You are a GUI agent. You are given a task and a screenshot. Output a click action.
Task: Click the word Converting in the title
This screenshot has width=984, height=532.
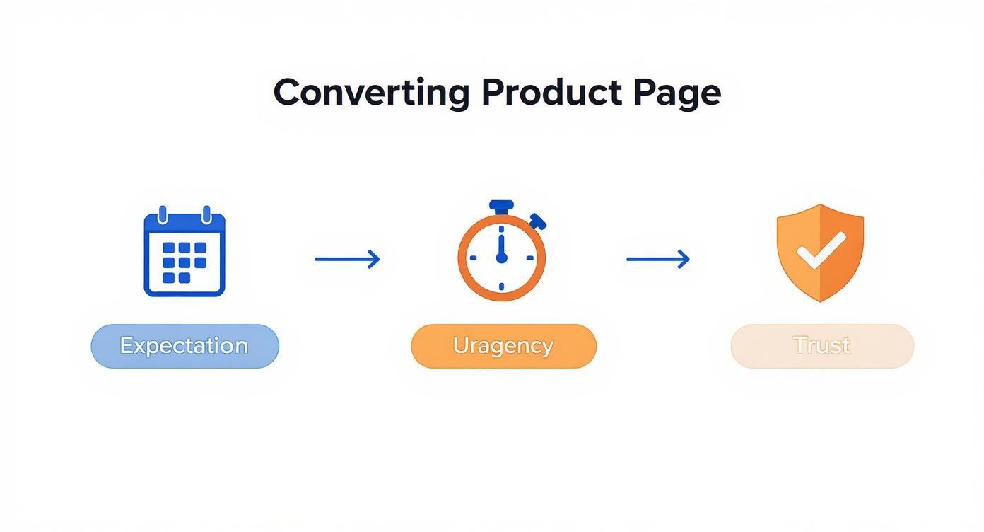[371, 93]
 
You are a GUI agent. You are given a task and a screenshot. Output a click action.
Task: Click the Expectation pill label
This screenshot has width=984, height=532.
[184, 346]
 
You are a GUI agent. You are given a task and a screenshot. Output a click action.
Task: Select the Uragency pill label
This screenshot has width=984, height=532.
[503, 346]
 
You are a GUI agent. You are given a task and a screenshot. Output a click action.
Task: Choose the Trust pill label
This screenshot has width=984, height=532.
[821, 346]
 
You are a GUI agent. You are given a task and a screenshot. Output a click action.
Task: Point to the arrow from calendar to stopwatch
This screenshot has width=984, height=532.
[347, 259]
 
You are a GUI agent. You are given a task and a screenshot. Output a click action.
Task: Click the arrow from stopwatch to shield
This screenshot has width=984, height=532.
[658, 259]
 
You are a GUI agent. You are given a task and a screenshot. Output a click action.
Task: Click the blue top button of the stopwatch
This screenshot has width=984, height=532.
[501, 207]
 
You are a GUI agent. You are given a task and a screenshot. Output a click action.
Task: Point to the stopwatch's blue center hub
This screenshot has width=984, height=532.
[502, 258]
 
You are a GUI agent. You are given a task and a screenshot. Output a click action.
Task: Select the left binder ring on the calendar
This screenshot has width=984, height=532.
[163, 214]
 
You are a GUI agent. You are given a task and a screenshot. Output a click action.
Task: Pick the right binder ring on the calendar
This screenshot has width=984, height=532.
[206, 214]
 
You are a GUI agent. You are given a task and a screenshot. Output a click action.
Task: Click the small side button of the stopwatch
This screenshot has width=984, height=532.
[538, 221]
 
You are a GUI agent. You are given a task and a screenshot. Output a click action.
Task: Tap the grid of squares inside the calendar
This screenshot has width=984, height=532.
[184, 262]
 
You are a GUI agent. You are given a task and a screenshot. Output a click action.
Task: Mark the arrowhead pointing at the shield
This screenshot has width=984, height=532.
[684, 259]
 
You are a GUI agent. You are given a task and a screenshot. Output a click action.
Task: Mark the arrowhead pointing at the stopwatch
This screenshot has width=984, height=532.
[375, 259]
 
